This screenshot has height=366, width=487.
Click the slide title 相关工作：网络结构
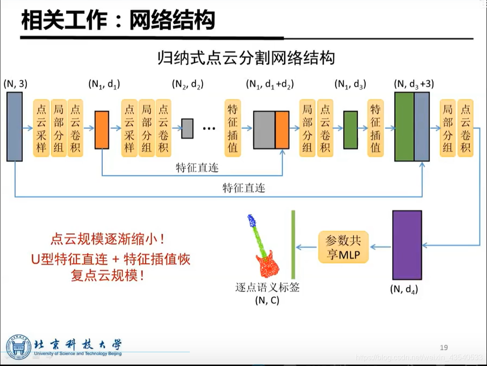coord(118,21)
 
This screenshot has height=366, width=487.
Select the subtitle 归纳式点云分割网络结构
coord(246,58)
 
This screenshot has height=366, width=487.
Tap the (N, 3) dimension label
coord(15,84)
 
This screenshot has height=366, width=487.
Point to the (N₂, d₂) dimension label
coord(187,84)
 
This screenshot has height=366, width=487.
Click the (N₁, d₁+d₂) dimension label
coord(270,84)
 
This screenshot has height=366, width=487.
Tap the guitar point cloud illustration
coord(264,247)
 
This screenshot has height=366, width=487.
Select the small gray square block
coord(187,128)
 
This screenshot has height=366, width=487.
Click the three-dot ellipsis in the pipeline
coord(208,128)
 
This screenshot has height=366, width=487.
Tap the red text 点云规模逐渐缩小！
coord(107,240)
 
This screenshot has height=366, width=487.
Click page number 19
coord(444,347)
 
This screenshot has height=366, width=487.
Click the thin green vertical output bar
coord(293,245)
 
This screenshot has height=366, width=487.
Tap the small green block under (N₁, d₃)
coord(351,130)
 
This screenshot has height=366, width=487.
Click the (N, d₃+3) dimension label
coord(414,84)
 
